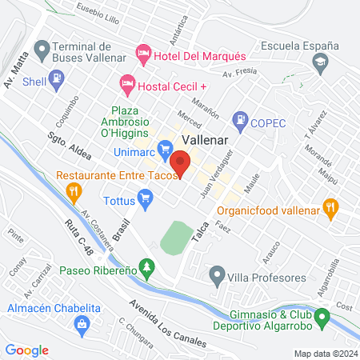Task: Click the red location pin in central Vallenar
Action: tap(181, 164)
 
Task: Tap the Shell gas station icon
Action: tap(57, 80)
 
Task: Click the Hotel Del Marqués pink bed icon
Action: tap(143, 54)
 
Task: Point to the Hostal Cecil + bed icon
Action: tap(126, 83)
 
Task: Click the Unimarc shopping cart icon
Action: tap(166, 148)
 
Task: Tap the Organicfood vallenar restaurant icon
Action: tap(330, 210)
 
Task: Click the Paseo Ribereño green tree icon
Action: tap(145, 266)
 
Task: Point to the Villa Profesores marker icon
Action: tap(216, 278)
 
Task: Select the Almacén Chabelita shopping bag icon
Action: tap(80, 323)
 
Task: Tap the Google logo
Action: tap(27, 350)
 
